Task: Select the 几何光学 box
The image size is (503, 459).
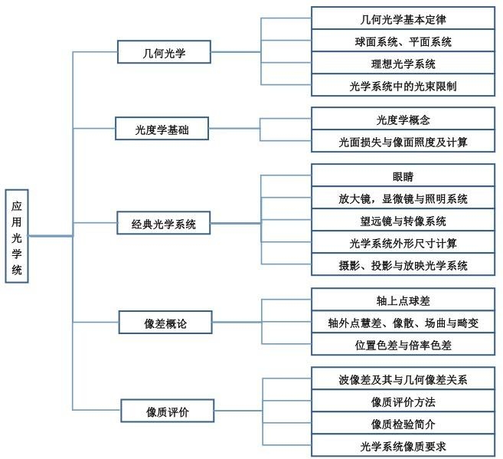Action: (x=165, y=52)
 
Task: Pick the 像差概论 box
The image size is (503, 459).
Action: (x=165, y=323)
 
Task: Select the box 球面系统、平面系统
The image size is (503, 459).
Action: (x=403, y=41)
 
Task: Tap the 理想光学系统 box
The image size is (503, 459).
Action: (x=403, y=63)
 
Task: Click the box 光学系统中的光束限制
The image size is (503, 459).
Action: (x=403, y=85)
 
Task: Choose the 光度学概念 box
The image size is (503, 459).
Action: (x=403, y=120)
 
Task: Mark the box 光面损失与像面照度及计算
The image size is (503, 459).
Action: (x=403, y=142)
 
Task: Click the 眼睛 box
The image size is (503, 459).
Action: (x=403, y=176)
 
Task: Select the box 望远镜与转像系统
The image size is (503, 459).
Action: (x=403, y=221)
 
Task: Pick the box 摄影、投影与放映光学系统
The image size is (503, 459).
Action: (x=403, y=265)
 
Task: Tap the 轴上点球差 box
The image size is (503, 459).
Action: (x=403, y=300)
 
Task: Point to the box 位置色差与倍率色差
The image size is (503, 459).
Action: (x=403, y=345)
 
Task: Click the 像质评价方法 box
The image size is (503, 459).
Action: (x=403, y=402)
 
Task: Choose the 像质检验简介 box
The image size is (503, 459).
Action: (x=403, y=424)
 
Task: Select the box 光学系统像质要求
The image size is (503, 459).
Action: (x=403, y=445)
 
